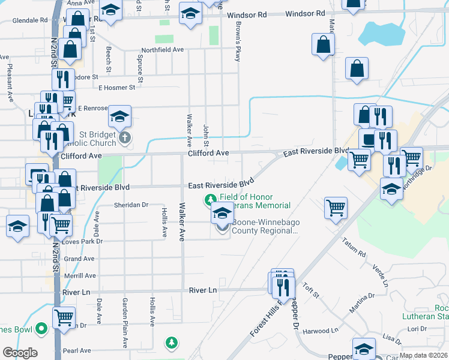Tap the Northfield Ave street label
[x=162, y=50]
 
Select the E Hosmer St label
[x=117, y=88]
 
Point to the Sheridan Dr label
[x=131, y=205]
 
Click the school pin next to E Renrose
[x=120, y=115]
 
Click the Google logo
[x=20, y=353]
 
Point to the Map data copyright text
[x=423, y=356]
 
